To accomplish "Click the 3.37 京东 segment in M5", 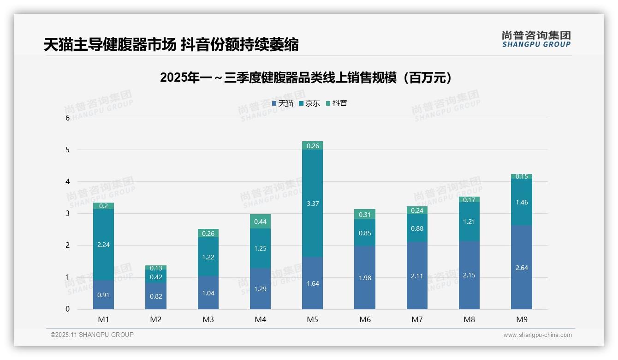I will click(312, 203).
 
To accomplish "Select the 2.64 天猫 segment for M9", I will click(521, 267).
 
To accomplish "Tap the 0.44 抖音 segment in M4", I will click(260, 222).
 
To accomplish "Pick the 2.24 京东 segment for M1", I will click(103, 245).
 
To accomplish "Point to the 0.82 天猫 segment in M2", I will click(156, 296).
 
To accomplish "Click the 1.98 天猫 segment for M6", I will click(364, 278).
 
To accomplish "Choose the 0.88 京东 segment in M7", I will click(417, 228).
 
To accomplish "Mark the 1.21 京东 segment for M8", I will click(469, 222).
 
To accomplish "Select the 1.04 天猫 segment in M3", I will click(208, 293).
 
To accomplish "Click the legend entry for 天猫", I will click(283, 103).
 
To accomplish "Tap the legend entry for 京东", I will click(309, 103).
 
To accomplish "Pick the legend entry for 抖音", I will click(337, 103).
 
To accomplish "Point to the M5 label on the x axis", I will click(312, 319).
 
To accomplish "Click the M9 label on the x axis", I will click(521, 319).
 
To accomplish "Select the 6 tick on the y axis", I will click(67, 118).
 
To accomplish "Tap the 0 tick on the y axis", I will click(67, 309).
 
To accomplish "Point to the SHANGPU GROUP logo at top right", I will click(536, 39).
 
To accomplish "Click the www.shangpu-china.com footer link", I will click(537, 335).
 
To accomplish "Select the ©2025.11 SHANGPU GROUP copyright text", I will click(92, 335).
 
